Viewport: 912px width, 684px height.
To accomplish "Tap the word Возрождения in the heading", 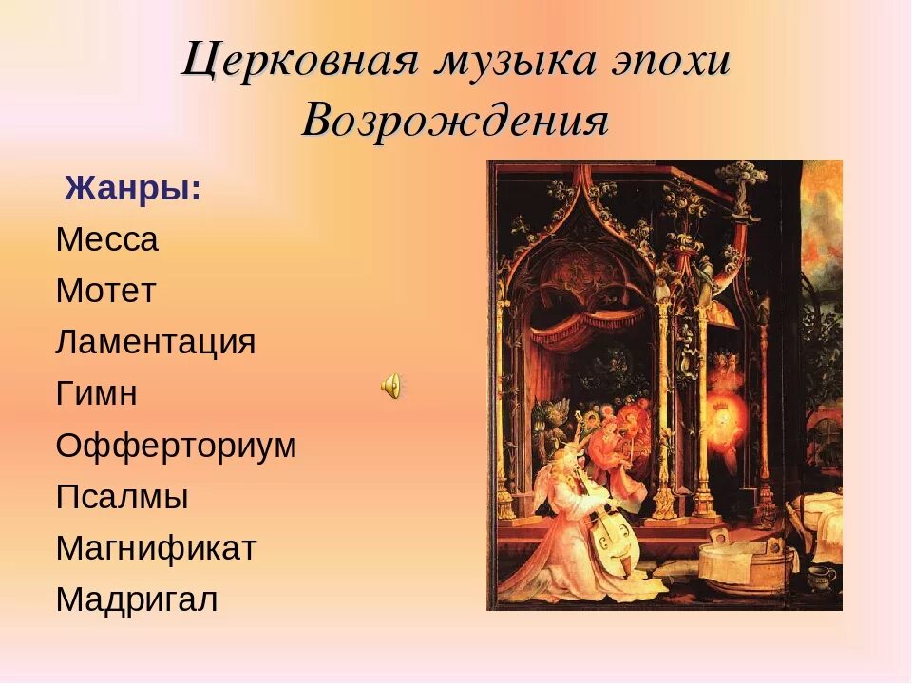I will coord(455,122).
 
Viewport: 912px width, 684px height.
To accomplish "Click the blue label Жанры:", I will coord(132,188).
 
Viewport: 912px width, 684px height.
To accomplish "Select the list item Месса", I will coord(106,239).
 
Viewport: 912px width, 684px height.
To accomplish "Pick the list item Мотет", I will coord(104,291).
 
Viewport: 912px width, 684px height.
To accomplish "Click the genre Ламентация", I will coord(155,342).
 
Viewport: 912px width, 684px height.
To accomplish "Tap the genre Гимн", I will coord(96,393).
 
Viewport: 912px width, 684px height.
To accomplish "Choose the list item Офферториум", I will coord(176,445).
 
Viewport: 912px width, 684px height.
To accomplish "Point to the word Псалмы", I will coord(122,497).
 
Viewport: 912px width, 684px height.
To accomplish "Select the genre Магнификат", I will coord(156,548).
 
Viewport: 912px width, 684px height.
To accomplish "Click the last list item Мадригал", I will coord(137,599).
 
